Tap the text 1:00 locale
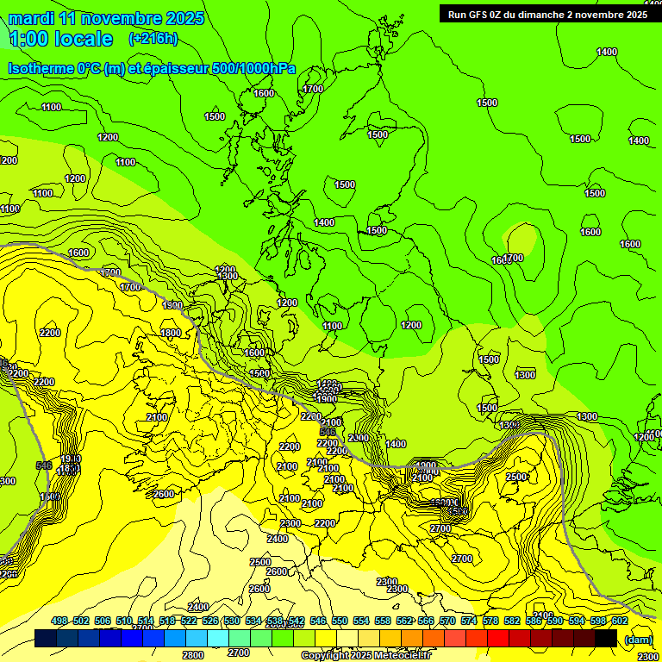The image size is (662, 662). (61, 39)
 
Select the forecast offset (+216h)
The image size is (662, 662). (153, 39)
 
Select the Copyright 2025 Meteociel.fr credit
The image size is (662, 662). (365, 656)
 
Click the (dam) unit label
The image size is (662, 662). (638, 639)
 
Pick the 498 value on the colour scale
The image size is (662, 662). (59, 621)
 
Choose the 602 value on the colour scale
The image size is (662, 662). (619, 621)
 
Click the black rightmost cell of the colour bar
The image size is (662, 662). (606, 638)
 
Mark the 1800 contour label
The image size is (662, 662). (171, 333)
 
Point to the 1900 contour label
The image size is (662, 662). (326, 399)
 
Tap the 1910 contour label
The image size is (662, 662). (70, 459)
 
